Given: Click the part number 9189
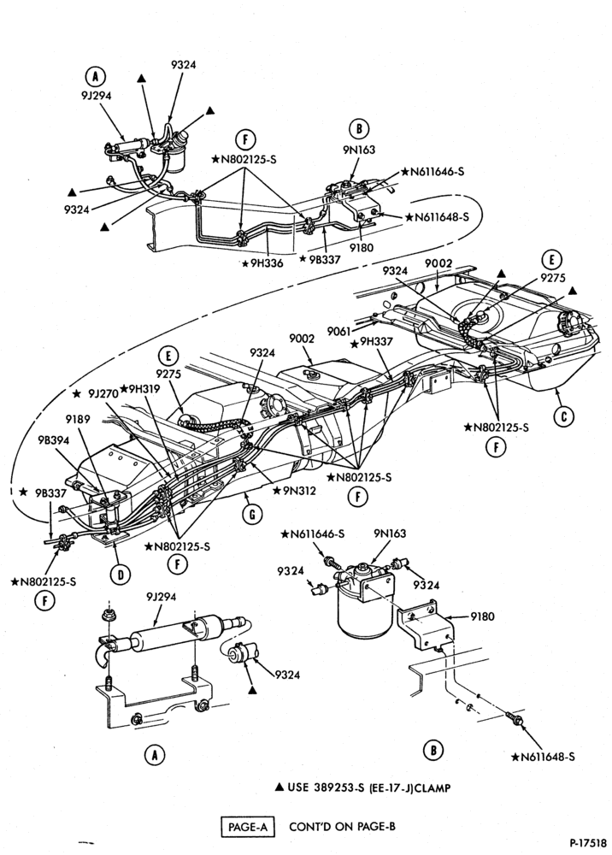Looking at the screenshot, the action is pos(78,419).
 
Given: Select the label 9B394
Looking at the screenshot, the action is pos(53,440).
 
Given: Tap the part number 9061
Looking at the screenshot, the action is pos(338,330).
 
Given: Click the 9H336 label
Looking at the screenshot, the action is pos(267,263).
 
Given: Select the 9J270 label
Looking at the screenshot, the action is pos(101,392).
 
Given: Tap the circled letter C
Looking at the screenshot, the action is pos(563,417).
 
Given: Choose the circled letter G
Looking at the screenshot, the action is pos(252,514).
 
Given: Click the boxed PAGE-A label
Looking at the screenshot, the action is pos(248,827).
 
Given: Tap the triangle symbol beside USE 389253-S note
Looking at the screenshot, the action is pos(279,787).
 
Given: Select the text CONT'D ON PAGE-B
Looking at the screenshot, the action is pos(342,827).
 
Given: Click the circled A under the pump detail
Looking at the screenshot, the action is pos(155,755).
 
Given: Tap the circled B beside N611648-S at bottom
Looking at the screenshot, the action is pos(433,751).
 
